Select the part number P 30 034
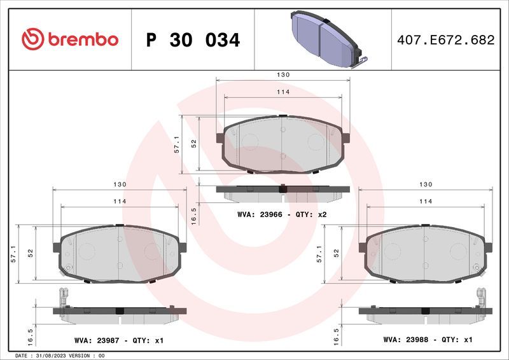click(193, 40)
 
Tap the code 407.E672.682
click(445, 40)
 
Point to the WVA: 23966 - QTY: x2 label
click(281, 215)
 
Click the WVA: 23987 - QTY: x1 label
click(119, 341)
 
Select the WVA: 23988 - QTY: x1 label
click(427, 340)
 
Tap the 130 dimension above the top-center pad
click(283, 75)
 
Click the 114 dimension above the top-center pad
click(283, 92)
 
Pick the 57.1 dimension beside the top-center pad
click(178, 144)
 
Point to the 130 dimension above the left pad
click(120, 184)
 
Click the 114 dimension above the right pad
click(426, 202)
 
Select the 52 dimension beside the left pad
click(30, 253)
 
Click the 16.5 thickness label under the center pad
click(194, 215)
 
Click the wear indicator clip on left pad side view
click(63, 298)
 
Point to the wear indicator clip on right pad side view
click(482, 298)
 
